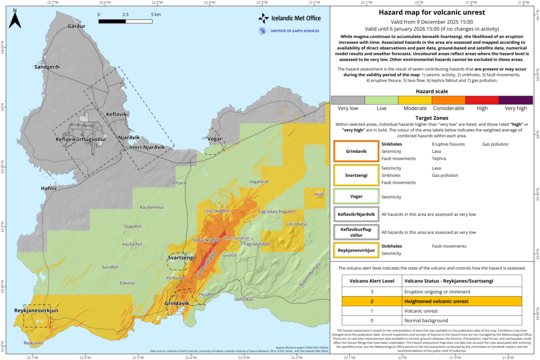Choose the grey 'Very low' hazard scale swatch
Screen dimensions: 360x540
tap(348, 99)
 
